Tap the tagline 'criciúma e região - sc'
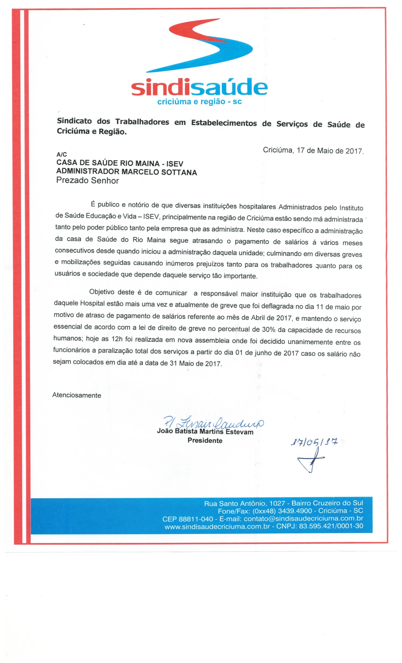[x=199, y=102]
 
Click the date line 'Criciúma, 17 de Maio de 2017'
[x=313, y=150]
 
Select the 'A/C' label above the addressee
[x=61, y=154]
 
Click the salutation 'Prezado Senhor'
[x=87, y=180]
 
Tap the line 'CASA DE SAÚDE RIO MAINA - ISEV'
[x=120, y=163]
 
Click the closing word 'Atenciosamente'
[x=77, y=395]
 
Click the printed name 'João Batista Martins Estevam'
[x=205, y=431]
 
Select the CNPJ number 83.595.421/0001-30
[x=331, y=526]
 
